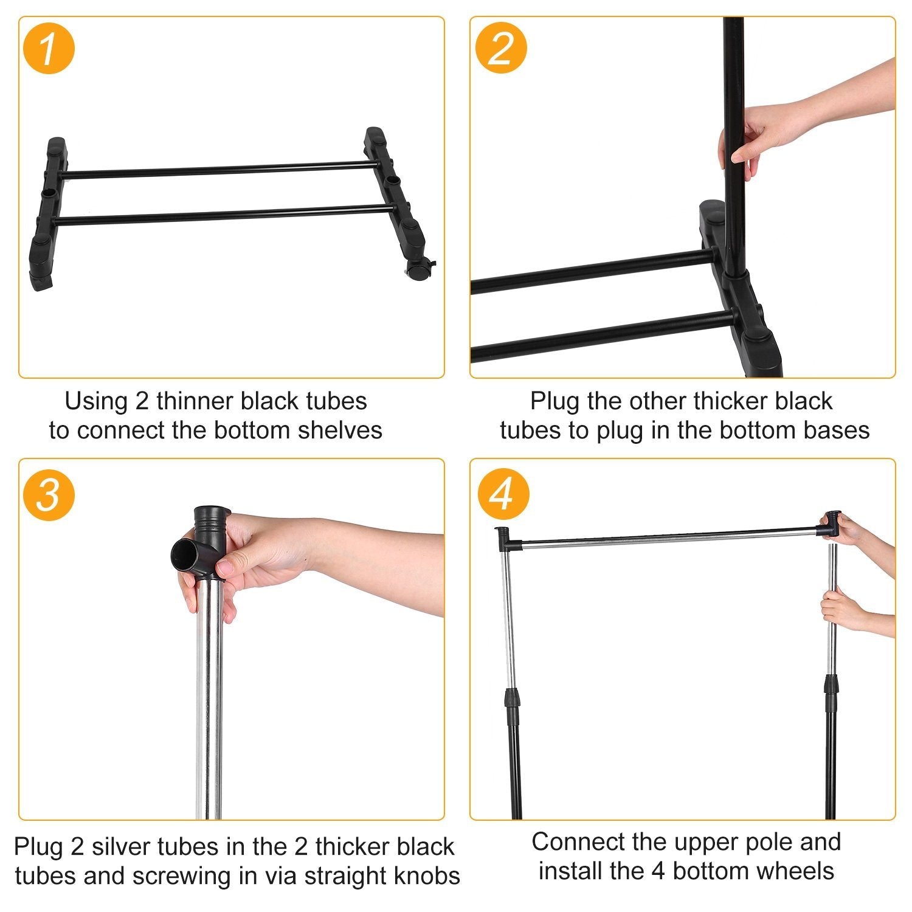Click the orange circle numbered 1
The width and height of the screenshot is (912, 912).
pos(48,48)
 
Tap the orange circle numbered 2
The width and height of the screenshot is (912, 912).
pos(500,48)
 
